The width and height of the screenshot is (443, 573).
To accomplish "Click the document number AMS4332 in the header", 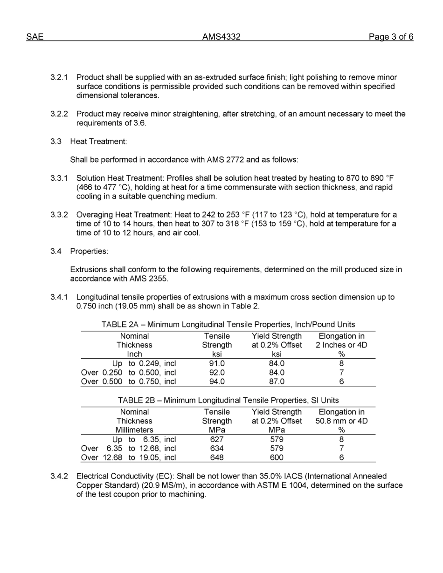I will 221,37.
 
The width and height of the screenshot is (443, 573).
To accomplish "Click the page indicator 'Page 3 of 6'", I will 390,37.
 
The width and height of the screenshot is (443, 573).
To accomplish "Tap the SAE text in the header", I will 35,37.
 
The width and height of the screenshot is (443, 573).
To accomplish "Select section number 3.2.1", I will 59,77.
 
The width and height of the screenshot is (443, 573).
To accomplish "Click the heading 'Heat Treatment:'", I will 98,141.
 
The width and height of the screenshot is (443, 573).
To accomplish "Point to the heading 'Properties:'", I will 89,251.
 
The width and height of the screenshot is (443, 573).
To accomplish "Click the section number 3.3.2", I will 59,215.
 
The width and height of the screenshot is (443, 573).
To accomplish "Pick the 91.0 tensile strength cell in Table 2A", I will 217,363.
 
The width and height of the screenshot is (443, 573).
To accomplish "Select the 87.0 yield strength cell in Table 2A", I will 277,382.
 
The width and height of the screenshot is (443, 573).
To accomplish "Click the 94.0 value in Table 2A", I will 217,382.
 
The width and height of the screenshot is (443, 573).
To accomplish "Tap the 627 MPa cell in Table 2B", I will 217,439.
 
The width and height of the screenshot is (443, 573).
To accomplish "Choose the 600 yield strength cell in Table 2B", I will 277,457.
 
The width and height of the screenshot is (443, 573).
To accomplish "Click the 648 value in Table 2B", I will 217,457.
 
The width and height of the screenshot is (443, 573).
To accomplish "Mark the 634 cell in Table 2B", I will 217,448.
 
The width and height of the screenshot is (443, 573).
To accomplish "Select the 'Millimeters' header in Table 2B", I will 134,430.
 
